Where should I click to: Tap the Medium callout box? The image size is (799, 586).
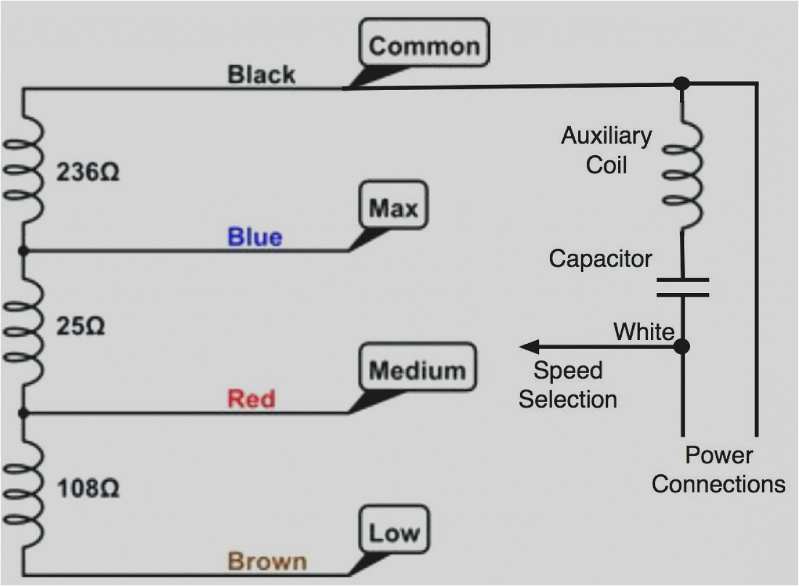417,368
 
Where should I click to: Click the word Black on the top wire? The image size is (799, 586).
261,74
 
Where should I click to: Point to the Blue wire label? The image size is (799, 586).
255,236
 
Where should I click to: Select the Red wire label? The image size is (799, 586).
251,398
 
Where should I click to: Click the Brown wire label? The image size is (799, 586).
267,561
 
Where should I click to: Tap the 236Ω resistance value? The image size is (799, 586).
88,172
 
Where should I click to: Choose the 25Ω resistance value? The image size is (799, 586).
80,326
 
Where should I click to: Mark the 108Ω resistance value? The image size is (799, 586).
88,488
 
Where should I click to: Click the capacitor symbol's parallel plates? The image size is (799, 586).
682,288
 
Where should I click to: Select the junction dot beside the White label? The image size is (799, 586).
682,346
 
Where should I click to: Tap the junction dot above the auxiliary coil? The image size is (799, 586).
682,83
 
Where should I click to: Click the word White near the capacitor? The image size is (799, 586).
644,331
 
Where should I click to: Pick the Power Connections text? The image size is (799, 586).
718,469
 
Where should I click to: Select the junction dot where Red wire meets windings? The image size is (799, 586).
24,414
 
